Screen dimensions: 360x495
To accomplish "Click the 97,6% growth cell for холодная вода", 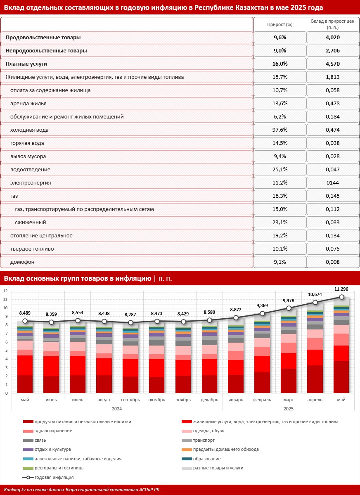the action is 280,130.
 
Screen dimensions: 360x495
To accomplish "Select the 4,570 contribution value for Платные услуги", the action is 333,64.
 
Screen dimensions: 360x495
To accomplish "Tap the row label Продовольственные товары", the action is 43,37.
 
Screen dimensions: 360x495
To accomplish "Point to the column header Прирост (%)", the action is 280,25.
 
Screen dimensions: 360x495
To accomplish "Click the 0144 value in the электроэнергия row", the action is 333,183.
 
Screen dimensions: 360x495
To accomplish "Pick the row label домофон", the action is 22,262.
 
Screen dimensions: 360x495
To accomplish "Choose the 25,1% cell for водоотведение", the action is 280,170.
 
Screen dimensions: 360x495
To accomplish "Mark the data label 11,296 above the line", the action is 342,289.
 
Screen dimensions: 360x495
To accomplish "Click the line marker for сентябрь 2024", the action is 131,322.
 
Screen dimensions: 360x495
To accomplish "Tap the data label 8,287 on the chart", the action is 131,315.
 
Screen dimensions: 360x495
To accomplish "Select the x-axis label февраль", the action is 262,400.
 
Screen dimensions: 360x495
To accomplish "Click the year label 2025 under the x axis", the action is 288,408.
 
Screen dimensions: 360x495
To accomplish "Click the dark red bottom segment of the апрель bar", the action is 315,379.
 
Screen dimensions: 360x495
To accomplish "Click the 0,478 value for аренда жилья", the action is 333,104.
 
